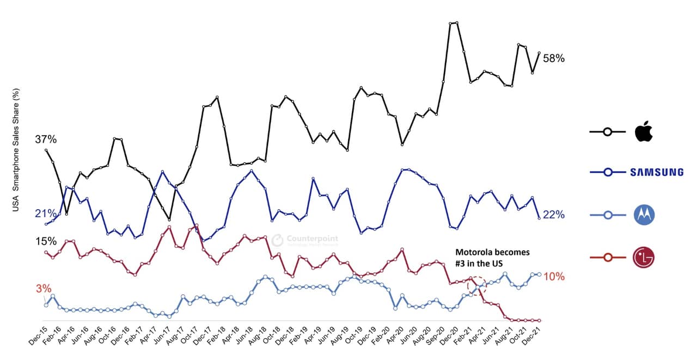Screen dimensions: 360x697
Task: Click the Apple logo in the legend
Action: [644, 132]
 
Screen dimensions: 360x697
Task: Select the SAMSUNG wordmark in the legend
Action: [656, 172]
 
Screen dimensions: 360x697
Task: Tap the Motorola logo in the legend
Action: [644, 215]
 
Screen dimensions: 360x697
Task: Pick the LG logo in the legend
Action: [644, 257]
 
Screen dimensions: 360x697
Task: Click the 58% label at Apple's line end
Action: [554, 58]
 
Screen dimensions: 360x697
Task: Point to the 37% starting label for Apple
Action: [46, 139]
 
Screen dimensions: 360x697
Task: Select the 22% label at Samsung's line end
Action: [554, 215]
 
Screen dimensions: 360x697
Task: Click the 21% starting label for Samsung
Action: [46, 213]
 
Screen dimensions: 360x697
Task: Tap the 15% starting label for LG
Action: [46, 241]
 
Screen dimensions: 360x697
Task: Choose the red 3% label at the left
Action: [44, 288]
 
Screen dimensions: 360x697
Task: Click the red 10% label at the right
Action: [554, 277]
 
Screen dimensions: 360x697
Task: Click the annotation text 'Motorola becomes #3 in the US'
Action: [492, 258]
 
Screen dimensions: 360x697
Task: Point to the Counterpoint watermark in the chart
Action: [305, 240]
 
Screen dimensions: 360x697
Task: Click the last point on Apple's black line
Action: [539, 53]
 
